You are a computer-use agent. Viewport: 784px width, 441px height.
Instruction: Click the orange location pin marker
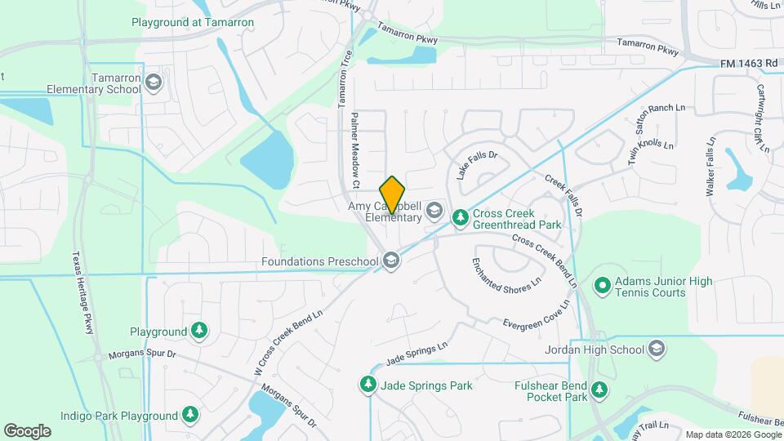(392, 194)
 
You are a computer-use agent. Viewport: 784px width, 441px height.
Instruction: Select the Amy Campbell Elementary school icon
(433, 212)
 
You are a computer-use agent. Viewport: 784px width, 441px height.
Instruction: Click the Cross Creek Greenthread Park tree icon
(461, 216)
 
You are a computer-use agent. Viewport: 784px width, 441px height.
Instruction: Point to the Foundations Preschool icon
(391, 261)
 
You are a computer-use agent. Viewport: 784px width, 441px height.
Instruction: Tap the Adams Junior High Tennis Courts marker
(603, 286)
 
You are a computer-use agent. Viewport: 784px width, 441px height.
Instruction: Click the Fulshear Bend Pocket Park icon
(600, 390)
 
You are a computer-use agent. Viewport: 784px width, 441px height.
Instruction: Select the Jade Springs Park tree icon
(368, 384)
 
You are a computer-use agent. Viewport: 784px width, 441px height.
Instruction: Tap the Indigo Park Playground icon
(190, 415)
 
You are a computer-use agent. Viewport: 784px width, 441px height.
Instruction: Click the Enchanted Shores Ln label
(507, 274)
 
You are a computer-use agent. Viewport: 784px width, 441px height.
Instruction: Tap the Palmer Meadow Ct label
(355, 150)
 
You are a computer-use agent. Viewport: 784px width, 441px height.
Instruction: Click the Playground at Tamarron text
(192, 22)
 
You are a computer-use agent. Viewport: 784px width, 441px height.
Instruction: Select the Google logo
(27, 430)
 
